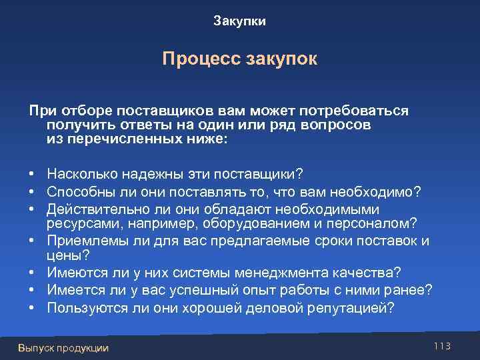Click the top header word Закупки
239,21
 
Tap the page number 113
442,345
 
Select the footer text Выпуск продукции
63,347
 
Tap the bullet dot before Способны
32,192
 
